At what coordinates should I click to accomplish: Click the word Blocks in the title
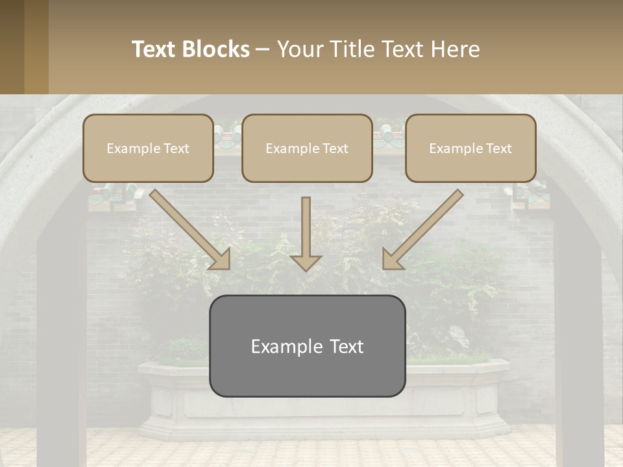pos(217,49)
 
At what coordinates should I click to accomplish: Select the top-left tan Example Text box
pos(148,148)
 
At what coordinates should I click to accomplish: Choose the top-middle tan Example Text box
pos(307,148)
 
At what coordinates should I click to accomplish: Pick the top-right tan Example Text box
pos(470,148)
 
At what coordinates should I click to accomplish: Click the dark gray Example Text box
pos(307,346)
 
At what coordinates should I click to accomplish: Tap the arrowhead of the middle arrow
pos(306,262)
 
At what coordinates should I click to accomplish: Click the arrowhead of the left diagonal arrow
pos(221,259)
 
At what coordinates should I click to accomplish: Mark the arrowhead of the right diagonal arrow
pos(391,259)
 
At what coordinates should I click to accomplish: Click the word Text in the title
pos(156,49)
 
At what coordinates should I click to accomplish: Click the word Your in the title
pos(300,49)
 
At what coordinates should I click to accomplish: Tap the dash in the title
pos(263,49)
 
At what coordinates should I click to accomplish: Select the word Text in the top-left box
pos(175,149)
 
